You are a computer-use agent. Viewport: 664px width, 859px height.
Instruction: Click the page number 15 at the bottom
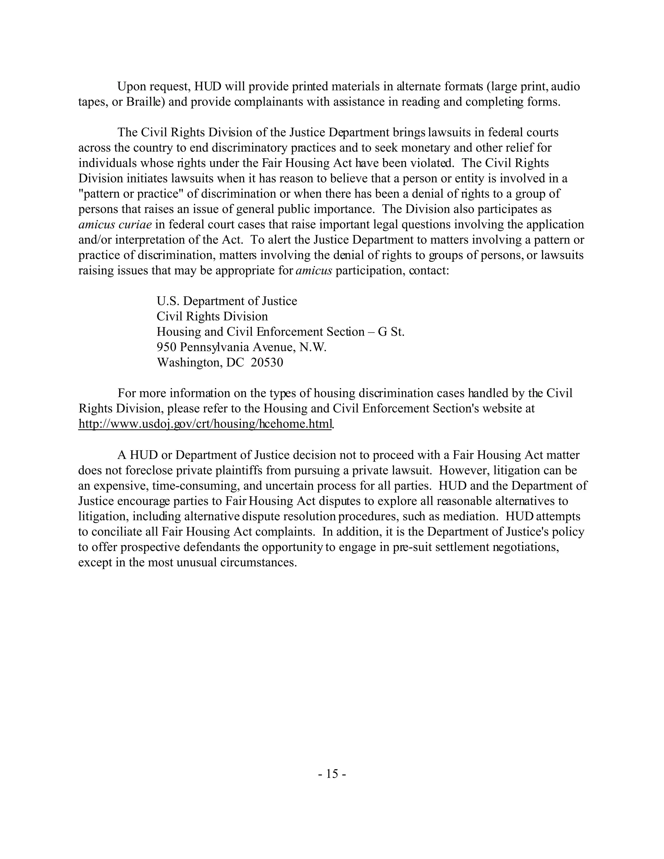332,774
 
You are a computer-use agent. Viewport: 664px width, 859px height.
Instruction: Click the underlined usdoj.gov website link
205,424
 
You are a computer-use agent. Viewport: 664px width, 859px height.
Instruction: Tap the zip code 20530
267,362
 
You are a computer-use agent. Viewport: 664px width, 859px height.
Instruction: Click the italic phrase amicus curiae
115,225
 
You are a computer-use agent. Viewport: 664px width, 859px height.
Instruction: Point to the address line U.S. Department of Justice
227,301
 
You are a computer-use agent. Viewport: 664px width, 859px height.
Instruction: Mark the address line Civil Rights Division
212,316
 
